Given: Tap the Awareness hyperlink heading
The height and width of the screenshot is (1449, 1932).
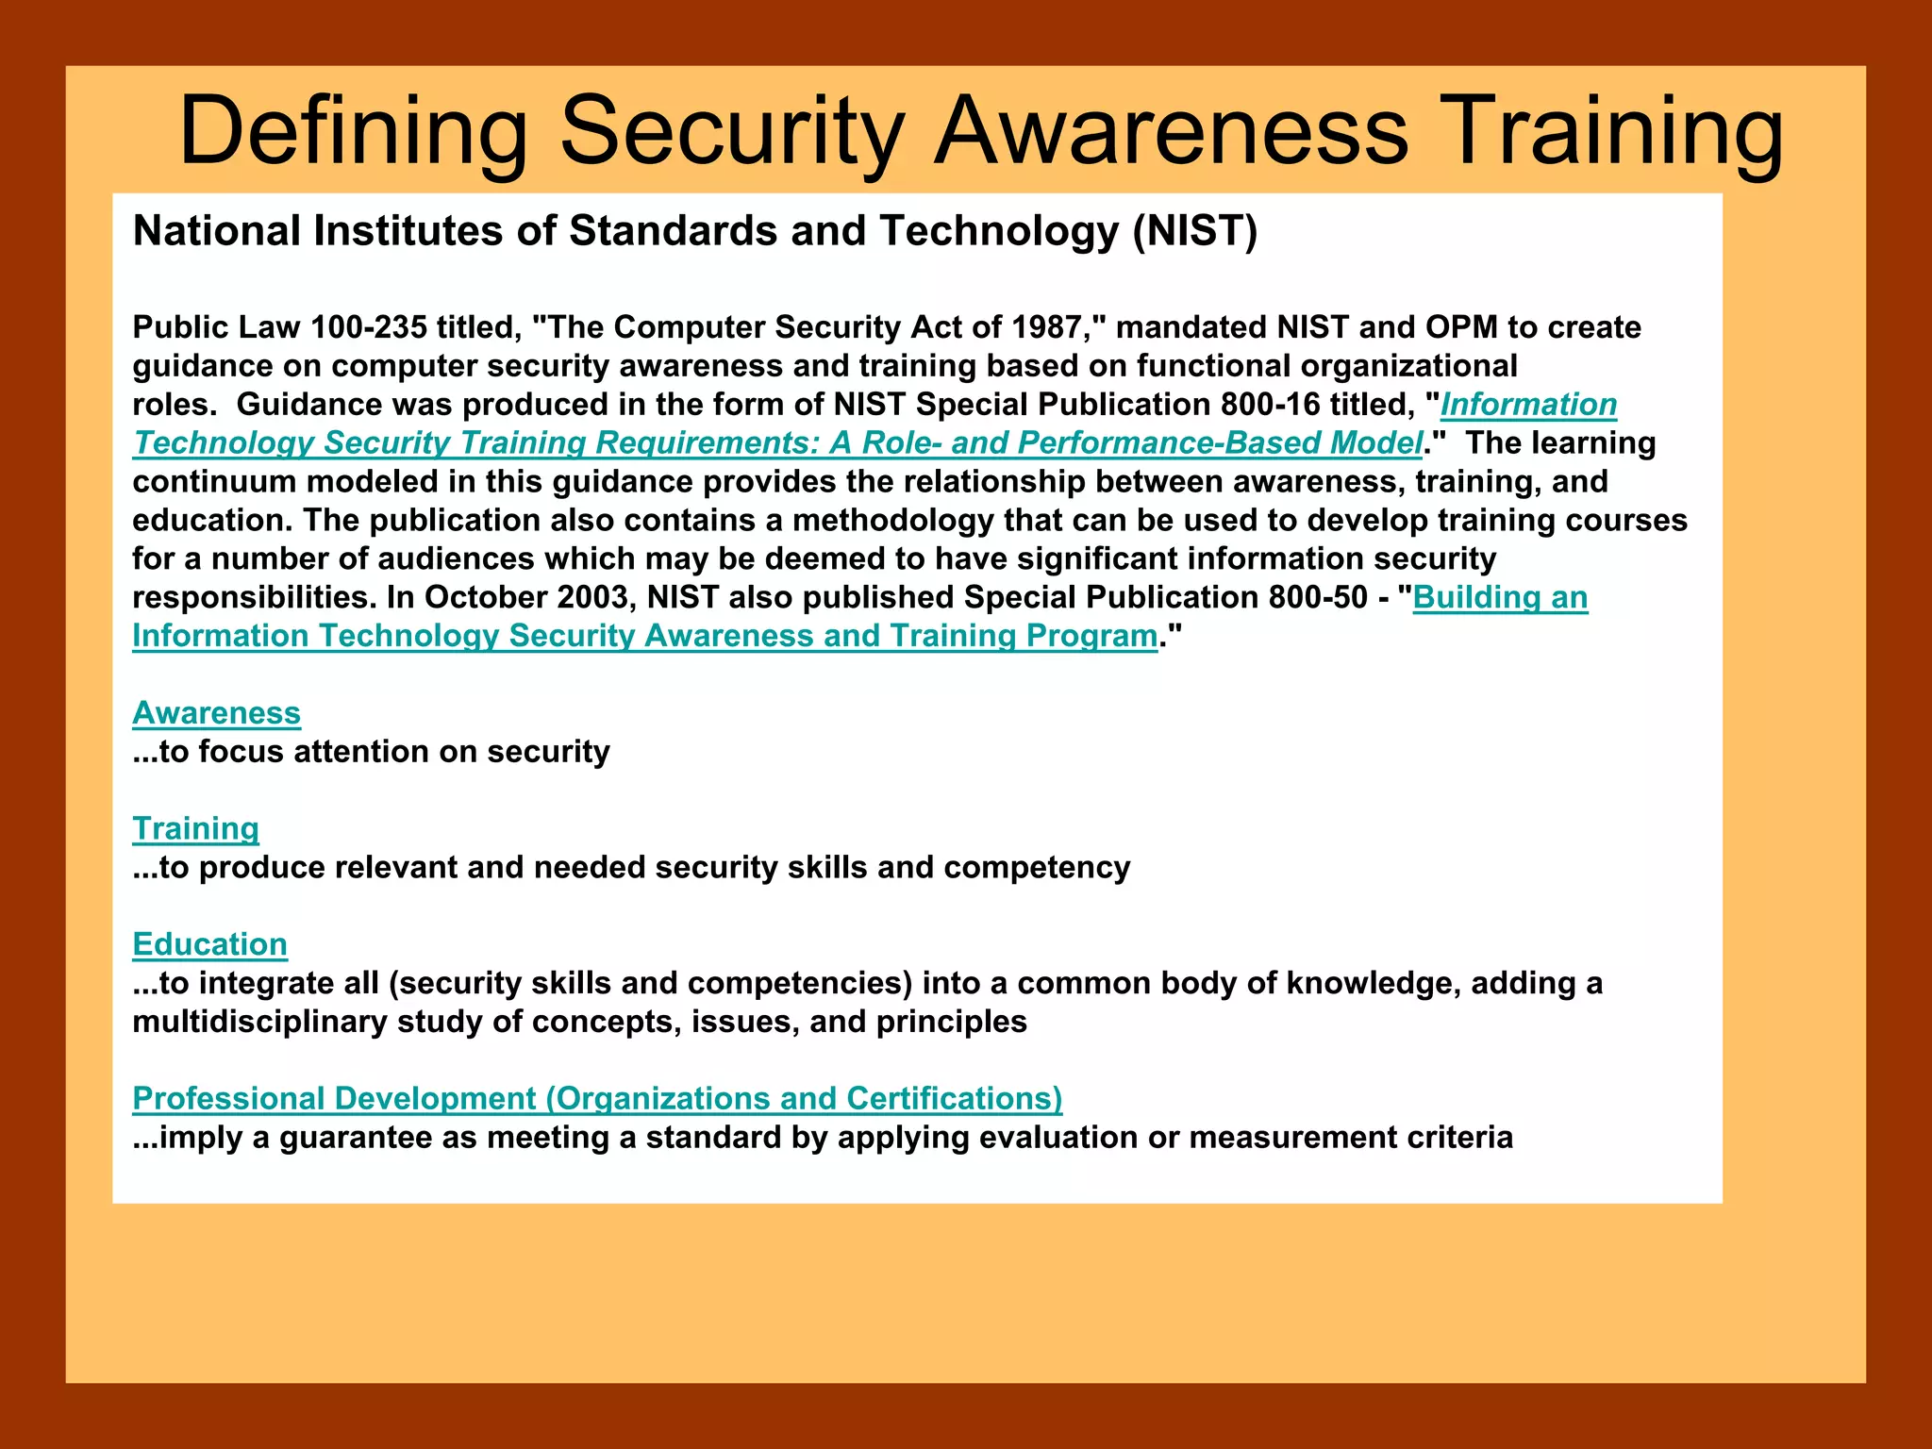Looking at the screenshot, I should [216, 713].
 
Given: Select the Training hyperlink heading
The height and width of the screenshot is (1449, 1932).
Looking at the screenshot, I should [195, 828].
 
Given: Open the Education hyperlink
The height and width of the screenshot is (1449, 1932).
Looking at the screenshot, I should [209, 944].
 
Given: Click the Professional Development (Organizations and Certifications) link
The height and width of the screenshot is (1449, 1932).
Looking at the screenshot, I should [597, 1098].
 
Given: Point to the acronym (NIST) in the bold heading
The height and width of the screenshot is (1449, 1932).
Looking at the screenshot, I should [1194, 231].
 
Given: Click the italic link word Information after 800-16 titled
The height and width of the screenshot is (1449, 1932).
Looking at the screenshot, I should [1528, 405].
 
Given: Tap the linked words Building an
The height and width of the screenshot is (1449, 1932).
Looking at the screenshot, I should [1500, 597].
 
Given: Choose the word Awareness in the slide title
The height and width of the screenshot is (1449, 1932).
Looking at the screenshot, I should [1171, 132].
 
